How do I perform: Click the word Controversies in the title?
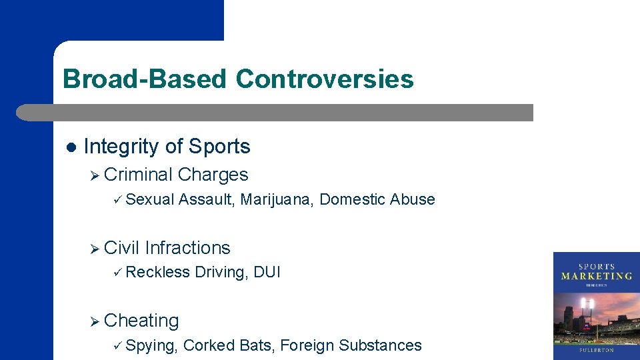point(324,79)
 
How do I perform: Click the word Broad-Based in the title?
point(145,79)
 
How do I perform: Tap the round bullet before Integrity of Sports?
point(71,147)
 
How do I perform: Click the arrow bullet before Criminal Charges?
point(95,175)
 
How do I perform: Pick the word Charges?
point(213,175)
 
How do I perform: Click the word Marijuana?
point(276,199)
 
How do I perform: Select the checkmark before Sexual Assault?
point(117,199)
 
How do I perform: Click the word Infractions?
point(187,248)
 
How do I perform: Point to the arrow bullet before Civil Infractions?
point(95,249)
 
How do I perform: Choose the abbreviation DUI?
point(267,272)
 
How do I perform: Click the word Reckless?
point(157,272)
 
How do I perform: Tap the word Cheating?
point(142,321)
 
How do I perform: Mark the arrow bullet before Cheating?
point(95,321)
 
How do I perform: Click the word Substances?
point(380,345)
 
